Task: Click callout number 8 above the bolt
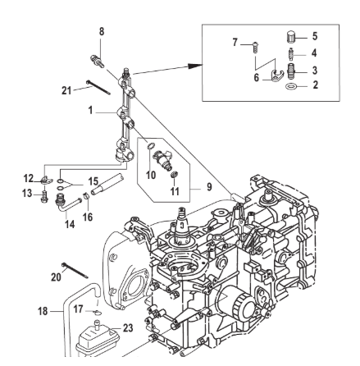tap(102, 32)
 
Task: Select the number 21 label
tap(66, 90)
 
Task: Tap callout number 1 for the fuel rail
tap(90, 111)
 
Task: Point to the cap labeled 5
tap(290, 36)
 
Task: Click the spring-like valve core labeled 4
tap(290, 54)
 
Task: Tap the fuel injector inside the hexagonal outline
tap(162, 159)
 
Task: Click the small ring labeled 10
tap(151, 146)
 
